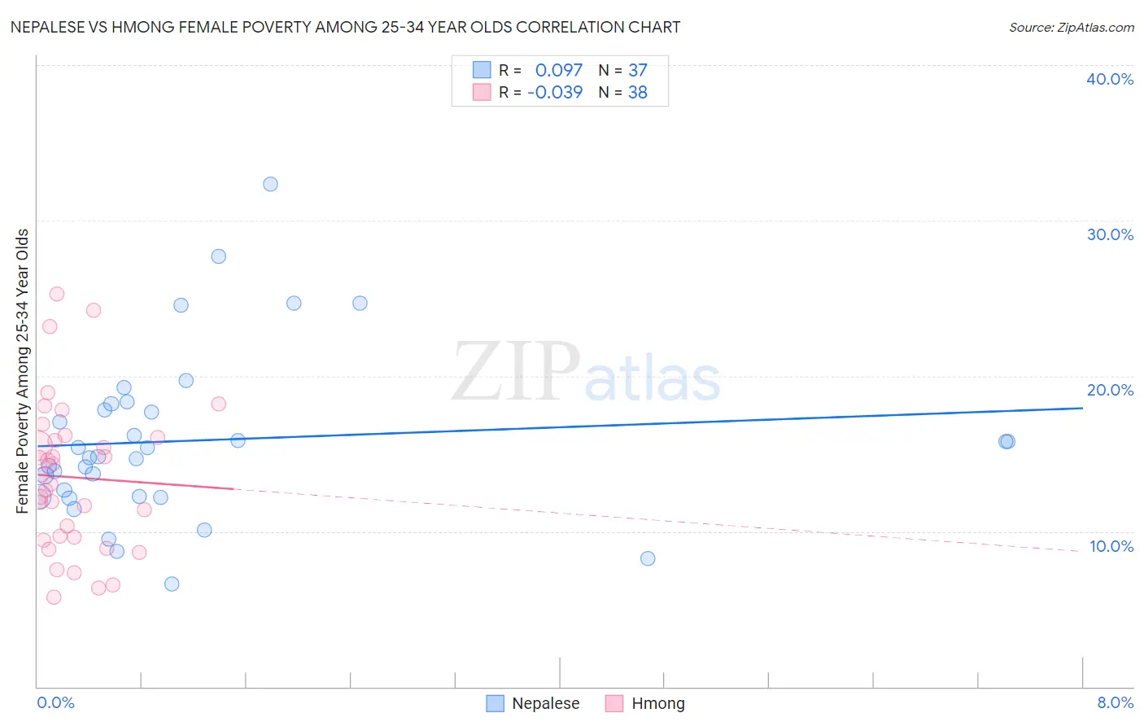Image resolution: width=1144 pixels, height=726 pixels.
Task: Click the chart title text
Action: [x=345, y=27]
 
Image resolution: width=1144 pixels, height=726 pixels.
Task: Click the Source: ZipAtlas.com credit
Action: [x=1071, y=27]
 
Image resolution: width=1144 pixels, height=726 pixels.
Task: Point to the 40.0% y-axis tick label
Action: [x=1109, y=79]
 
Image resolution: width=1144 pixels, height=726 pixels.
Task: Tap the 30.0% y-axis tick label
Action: [x=1109, y=234]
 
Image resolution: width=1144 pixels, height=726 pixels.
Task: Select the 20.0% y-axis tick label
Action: [x=1109, y=390]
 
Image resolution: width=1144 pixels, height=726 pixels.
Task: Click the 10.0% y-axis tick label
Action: [x=1111, y=546]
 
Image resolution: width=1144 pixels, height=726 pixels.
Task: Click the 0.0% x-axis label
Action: [x=55, y=702]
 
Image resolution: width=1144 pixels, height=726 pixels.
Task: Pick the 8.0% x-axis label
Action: [x=1115, y=702]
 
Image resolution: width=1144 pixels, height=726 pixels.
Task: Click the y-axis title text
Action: [x=23, y=371]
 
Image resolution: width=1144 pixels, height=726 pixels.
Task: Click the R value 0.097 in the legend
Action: [x=559, y=71]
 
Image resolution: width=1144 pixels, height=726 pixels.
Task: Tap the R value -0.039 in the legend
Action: [x=555, y=93]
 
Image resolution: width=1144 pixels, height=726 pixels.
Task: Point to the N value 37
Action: [x=638, y=71]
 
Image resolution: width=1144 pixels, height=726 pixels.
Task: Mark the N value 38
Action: [x=638, y=93]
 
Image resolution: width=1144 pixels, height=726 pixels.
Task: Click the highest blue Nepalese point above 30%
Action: [x=270, y=184]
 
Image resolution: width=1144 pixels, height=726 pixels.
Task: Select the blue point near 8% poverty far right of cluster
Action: [x=648, y=558]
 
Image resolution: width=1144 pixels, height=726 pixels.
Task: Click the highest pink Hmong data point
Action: [x=57, y=294]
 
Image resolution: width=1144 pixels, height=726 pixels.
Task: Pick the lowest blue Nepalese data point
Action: [x=172, y=584]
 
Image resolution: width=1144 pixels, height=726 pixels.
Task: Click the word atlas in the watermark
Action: [x=653, y=379]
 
